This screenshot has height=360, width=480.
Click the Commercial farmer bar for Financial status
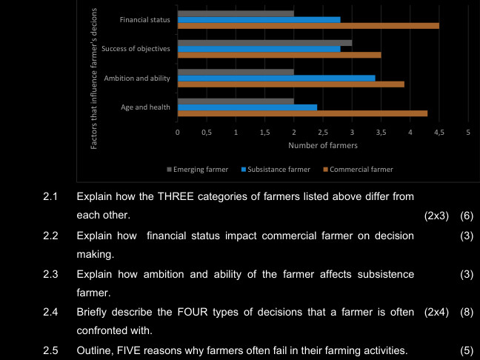point(308,26)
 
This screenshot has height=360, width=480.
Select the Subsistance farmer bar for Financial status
point(259,19)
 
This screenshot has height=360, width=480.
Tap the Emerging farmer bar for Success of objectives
point(264,42)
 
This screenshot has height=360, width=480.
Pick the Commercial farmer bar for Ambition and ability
point(290,84)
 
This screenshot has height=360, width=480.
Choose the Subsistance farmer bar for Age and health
point(247,107)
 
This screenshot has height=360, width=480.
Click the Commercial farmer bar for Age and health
point(302,113)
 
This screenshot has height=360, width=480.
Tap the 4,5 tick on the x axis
point(439,132)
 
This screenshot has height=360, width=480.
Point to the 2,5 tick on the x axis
point(323,132)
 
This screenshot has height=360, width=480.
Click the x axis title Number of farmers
point(322,145)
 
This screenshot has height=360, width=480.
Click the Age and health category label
point(146,107)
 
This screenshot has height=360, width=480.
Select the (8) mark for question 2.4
point(466,311)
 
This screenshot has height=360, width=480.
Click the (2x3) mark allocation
point(436,216)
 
